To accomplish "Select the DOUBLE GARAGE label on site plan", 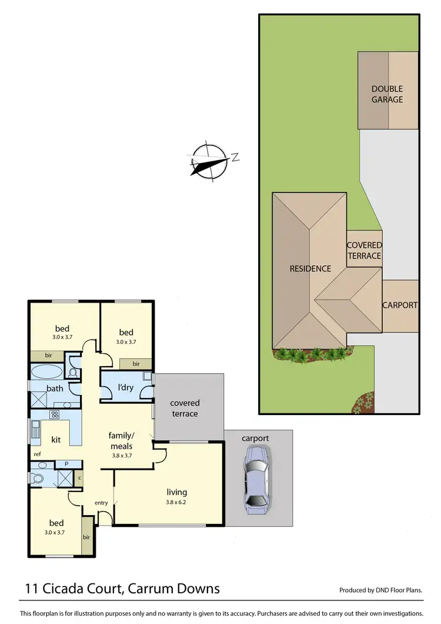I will [387, 94].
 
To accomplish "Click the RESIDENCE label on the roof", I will [310, 268].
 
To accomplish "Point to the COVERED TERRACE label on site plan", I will [364, 250].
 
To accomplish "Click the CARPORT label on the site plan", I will [400, 306].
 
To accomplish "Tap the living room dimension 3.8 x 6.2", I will [177, 502].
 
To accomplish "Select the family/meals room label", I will [122, 441].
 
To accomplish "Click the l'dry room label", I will [124, 389].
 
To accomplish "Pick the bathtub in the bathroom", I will [45, 372].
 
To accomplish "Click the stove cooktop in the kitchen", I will [55, 414].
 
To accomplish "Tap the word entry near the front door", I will [102, 502].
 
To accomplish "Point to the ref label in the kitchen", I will [37, 454].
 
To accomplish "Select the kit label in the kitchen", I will [56, 440].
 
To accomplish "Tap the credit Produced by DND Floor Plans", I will [380, 590].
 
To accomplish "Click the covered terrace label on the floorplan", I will [185, 408].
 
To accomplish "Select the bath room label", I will [55, 389].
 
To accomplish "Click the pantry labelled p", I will [66, 464].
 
